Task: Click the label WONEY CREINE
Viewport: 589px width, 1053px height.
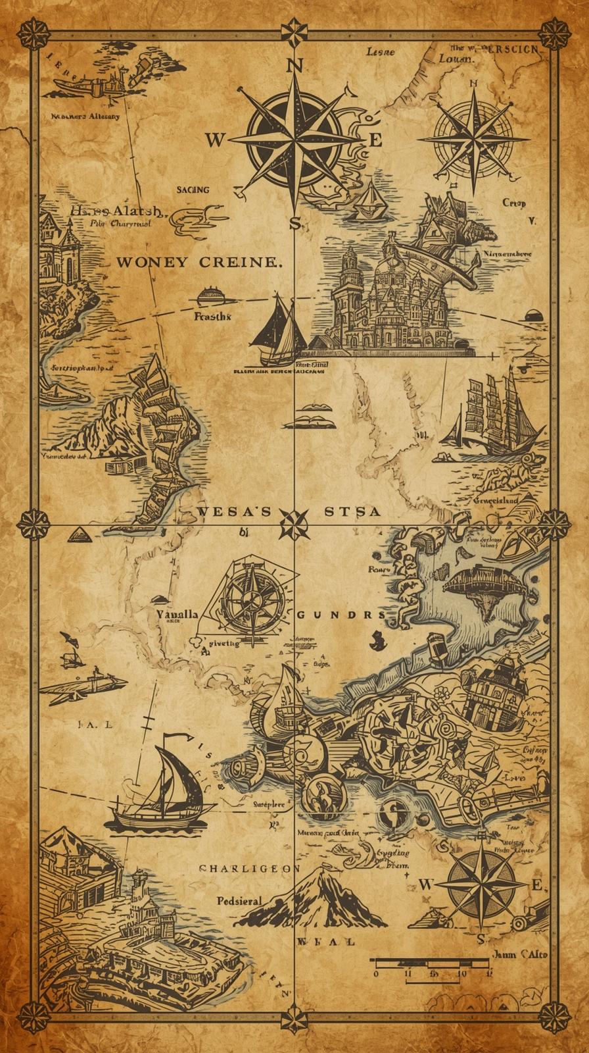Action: pyautogui.click(x=199, y=262)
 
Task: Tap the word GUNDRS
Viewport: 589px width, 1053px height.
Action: pyautogui.click(x=341, y=615)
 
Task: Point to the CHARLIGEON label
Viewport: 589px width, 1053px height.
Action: pyautogui.click(x=245, y=868)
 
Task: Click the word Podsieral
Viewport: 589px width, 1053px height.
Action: pyautogui.click(x=239, y=900)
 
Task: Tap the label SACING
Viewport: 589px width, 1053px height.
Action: pyautogui.click(x=193, y=190)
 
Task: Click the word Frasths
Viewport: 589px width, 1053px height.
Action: pyautogui.click(x=213, y=317)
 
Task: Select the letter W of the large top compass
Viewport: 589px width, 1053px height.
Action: pyautogui.click(x=215, y=140)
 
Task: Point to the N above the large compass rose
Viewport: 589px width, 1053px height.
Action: pyautogui.click(x=295, y=66)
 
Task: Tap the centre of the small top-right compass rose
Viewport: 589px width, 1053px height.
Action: pyautogui.click(x=473, y=139)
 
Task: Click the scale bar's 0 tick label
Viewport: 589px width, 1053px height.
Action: pyautogui.click(x=376, y=973)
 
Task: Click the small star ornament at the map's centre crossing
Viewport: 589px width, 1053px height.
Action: pyautogui.click(x=294, y=525)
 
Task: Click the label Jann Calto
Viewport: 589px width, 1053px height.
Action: pyautogui.click(x=519, y=954)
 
